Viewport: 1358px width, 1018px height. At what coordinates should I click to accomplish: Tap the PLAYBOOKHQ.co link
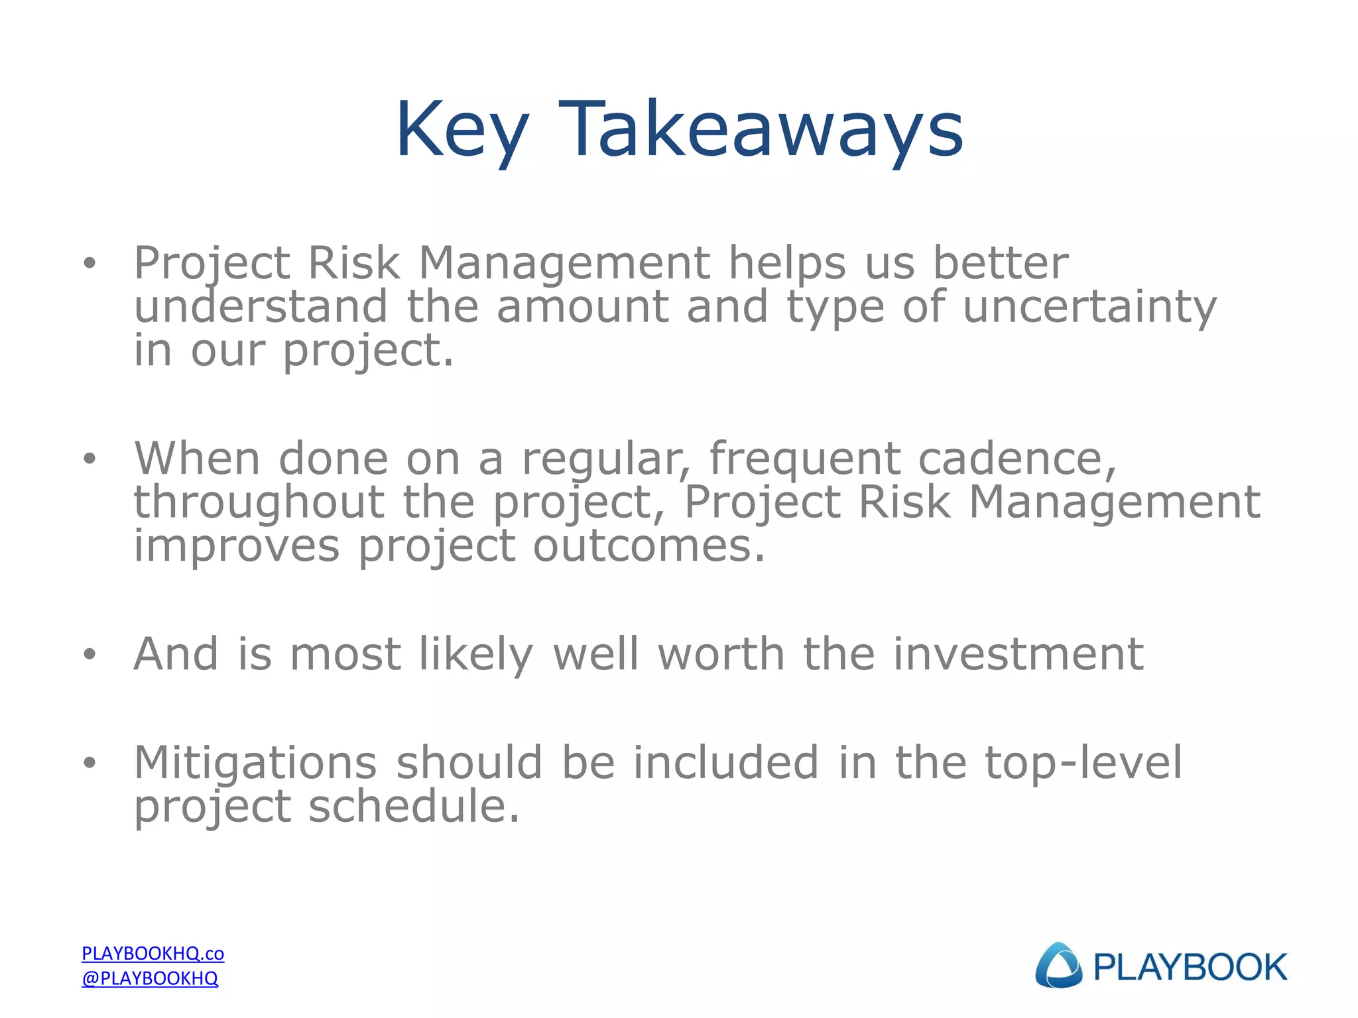tap(153, 953)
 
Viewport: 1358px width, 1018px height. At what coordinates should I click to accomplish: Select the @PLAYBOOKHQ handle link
tap(150, 978)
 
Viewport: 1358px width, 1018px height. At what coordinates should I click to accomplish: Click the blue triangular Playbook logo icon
tap(1058, 966)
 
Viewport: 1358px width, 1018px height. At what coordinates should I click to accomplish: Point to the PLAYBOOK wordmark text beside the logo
tap(1190, 967)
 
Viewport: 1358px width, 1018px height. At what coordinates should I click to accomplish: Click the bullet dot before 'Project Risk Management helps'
tap(90, 264)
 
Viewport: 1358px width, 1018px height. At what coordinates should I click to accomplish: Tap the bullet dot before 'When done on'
tap(90, 459)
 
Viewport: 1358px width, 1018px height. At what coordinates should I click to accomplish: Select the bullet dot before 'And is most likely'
tap(90, 655)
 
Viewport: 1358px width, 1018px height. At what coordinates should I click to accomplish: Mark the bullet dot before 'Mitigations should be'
tap(90, 763)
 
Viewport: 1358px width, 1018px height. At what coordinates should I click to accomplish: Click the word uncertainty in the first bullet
tap(1089, 308)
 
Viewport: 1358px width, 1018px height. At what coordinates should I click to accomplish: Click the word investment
tap(1018, 654)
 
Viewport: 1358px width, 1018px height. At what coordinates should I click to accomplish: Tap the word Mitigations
tap(255, 763)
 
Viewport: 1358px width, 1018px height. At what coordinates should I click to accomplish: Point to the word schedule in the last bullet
tap(414, 807)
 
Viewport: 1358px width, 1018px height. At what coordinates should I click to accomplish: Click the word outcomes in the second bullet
tap(649, 546)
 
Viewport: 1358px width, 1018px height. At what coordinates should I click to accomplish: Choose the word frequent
tap(804, 460)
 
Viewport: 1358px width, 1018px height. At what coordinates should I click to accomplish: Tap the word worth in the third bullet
tap(721, 654)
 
